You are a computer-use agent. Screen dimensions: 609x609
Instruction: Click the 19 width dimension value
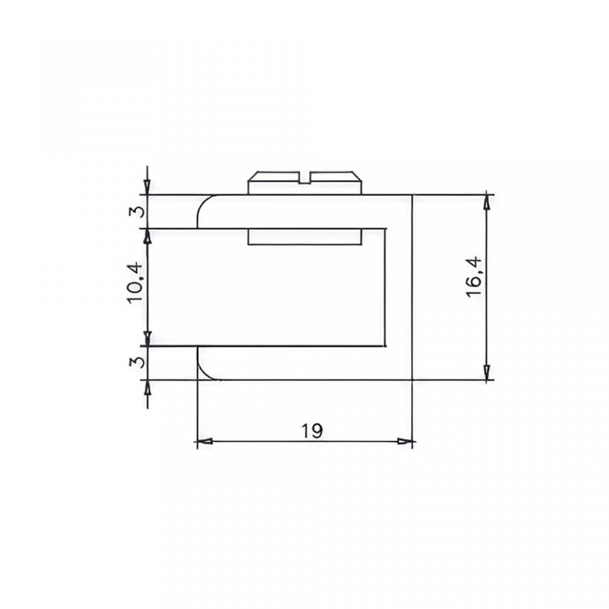click(312, 430)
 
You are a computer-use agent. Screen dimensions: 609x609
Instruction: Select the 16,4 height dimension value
click(473, 277)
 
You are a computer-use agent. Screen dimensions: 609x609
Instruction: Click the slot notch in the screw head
click(305, 177)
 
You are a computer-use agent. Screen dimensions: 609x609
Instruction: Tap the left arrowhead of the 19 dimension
click(204, 442)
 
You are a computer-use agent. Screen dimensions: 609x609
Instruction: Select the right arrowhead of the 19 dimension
click(405, 442)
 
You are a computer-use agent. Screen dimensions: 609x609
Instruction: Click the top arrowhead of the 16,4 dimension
click(487, 202)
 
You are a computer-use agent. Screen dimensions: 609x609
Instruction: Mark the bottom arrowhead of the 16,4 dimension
click(487, 372)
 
